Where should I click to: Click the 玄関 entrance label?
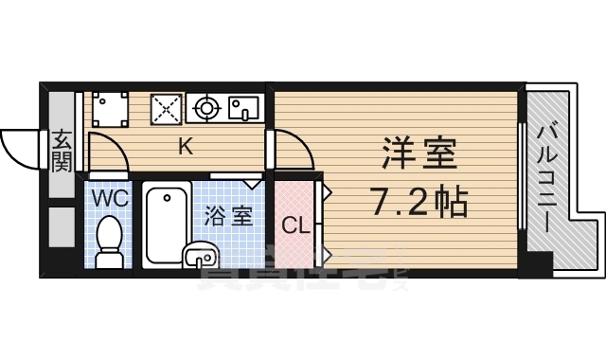point(62,151)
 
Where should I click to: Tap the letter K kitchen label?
point(187,146)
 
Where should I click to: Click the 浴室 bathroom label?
point(229,214)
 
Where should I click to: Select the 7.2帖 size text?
point(418,201)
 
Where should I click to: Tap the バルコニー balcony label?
point(546,180)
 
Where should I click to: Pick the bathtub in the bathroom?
point(168,225)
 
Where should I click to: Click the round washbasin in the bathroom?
point(200,254)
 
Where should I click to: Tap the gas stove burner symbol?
point(206,108)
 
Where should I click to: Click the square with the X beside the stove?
point(167,108)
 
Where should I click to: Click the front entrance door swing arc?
point(21,146)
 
